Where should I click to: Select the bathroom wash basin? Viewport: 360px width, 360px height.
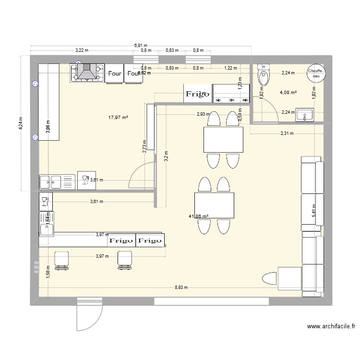click(x=304, y=115)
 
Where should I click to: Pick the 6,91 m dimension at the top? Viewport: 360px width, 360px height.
click(x=141, y=46)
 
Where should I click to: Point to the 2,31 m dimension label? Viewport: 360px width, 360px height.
click(x=287, y=134)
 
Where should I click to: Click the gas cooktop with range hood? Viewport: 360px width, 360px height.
click(x=88, y=72)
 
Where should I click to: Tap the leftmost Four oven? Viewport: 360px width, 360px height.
click(x=115, y=74)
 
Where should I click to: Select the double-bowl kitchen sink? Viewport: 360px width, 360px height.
click(x=57, y=182)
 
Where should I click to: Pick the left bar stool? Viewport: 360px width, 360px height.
click(x=61, y=258)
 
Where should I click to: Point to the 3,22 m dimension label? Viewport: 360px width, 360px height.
click(x=83, y=50)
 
